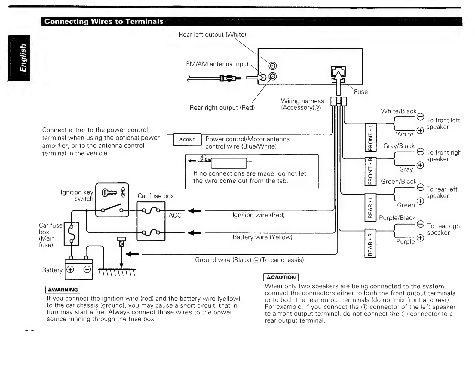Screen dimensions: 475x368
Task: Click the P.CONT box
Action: click(187, 140)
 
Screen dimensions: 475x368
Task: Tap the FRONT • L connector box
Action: click(370, 137)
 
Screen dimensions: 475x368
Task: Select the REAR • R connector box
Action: click(370, 243)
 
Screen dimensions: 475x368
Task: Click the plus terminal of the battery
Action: click(70, 269)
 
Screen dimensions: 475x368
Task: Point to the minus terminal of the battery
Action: click(87, 269)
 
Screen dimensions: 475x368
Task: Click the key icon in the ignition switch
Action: click(109, 192)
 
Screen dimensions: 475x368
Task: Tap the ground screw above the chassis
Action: click(121, 242)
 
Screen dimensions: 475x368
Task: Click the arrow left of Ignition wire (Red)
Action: click(195, 211)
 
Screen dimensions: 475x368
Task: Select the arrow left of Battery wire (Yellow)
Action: click(195, 233)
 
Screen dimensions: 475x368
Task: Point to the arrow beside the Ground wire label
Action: click(132, 254)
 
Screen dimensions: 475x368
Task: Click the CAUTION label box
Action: click(281, 277)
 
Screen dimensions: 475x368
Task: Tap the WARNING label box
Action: click(63, 290)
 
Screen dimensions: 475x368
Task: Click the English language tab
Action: click(19, 58)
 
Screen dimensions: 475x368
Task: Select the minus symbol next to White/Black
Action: click(420, 116)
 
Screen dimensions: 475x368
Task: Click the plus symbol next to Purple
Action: click(420, 238)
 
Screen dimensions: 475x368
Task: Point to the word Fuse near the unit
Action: click(361, 92)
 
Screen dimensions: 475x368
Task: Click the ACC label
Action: click(175, 216)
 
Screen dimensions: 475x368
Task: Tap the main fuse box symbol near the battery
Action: click(71, 234)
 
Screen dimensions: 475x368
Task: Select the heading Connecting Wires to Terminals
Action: click(104, 21)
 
